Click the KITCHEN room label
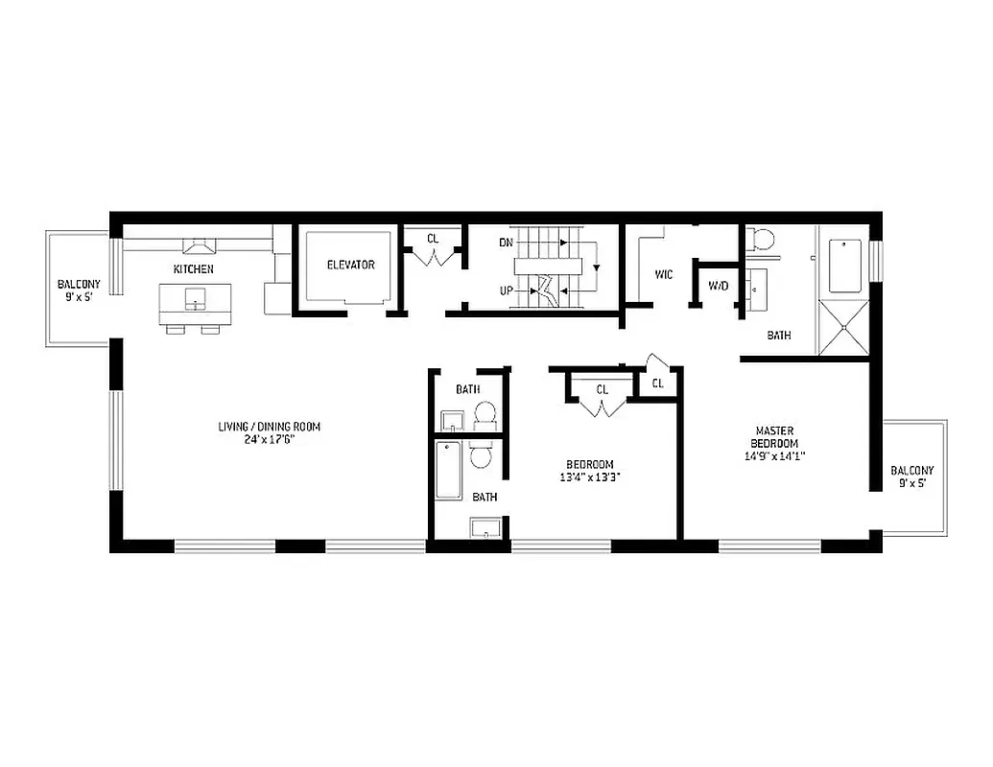coord(193,269)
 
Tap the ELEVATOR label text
coord(350,265)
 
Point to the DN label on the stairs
coord(506,243)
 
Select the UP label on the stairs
coord(506,290)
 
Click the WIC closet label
coord(663,275)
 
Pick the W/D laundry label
coord(718,286)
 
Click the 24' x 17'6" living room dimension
coord(269,439)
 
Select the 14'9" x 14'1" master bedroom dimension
coord(774,456)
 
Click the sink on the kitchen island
coord(197,304)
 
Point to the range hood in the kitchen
coord(199,244)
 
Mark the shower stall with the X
coord(842,327)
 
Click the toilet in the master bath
coord(762,239)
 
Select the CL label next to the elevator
coord(433,237)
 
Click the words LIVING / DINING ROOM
coord(269,427)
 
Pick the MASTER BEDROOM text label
coord(775,437)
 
